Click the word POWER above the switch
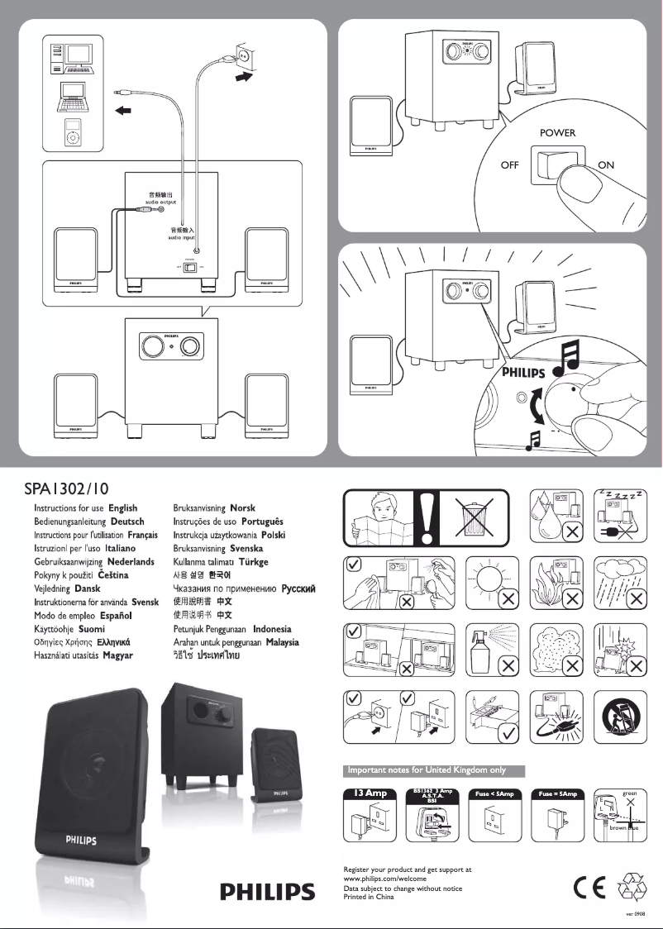coord(557,132)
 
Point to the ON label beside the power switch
coord(606,164)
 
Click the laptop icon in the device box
coord(71,97)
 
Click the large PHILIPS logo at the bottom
coord(267,893)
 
